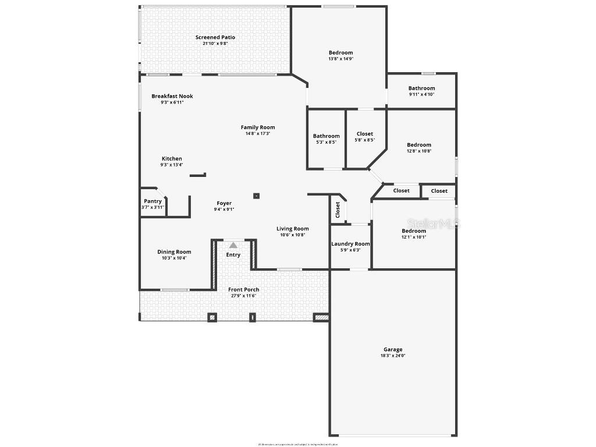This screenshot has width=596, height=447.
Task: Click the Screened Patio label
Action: point(215,37)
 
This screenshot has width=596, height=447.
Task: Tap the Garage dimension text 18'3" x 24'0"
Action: point(393,356)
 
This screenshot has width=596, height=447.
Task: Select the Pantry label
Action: point(153,201)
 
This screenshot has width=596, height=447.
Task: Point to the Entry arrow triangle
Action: point(233,246)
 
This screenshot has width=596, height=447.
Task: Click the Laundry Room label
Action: point(350,244)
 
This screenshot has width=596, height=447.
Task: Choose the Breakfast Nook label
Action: point(172,96)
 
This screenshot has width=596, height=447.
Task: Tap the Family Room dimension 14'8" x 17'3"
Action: point(258,133)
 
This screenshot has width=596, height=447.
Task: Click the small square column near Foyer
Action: point(256,196)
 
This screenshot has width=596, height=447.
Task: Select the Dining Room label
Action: point(174,252)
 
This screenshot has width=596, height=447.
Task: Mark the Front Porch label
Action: point(244,289)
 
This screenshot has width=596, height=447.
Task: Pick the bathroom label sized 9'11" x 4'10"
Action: point(421,88)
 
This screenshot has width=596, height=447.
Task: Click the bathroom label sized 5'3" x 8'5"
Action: point(326,136)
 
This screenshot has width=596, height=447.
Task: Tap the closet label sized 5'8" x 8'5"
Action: point(365,134)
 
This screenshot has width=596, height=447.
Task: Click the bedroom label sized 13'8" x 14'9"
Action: point(340,52)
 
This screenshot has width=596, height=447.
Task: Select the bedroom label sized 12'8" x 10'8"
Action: point(419,145)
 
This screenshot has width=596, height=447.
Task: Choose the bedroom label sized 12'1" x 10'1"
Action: point(414,231)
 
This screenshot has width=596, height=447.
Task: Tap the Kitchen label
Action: point(172,158)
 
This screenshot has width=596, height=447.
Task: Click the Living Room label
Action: point(293,229)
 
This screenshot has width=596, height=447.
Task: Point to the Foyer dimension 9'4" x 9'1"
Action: point(224,210)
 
